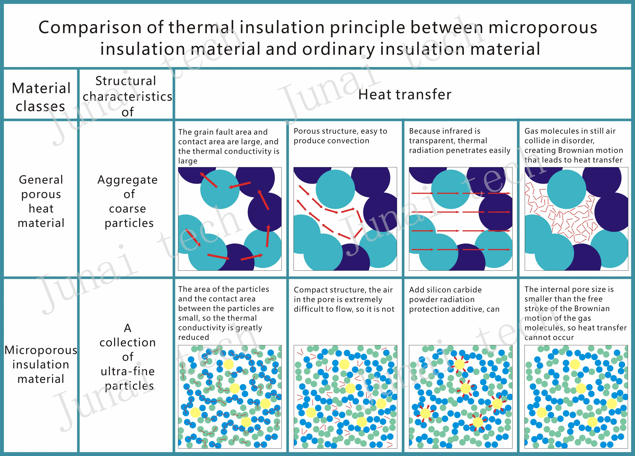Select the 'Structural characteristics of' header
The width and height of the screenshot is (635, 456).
click(127, 96)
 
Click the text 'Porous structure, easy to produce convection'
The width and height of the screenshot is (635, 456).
click(340, 136)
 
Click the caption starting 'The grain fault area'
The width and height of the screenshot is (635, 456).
click(228, 146)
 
